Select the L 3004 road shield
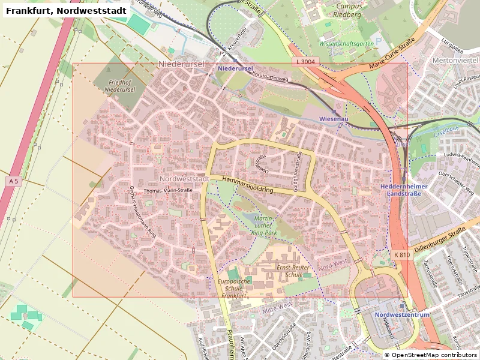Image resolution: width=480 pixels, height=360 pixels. point(305,62)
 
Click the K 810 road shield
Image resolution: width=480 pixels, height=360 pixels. point(402,255)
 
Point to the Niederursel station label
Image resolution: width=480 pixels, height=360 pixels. point(235,69)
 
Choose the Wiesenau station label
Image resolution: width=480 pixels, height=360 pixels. point(334,119)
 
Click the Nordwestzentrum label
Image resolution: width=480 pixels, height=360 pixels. point(401,315)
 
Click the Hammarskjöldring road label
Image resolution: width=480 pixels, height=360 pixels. point(247,184)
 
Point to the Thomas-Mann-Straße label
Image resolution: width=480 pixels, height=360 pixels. point(168,191)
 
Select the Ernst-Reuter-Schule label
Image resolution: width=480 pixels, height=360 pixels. point(294,270)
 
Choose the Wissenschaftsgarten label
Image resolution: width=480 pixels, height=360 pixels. point(346,44)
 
